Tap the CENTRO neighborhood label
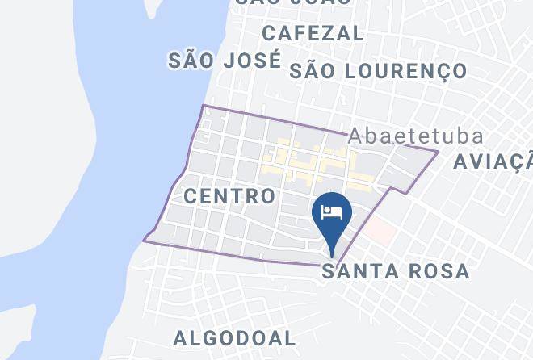(x=229, y=196)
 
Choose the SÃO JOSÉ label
(x=225, y=61)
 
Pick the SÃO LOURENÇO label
(x=378, y=71)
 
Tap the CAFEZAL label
(x=313, y=33)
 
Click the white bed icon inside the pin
(x=332, y=212)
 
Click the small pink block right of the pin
(x=381, y=234)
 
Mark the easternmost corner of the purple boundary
(x=439, y=151)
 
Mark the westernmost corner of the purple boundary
(x=144, y=240)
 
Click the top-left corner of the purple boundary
(x=204, y=106)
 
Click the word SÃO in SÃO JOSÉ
(x=191, y=61)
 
